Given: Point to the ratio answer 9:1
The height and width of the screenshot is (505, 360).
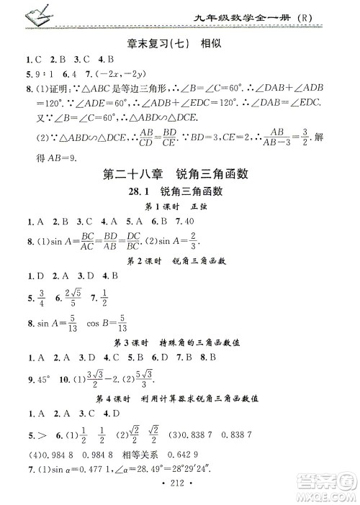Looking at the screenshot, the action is tap(40, 76).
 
